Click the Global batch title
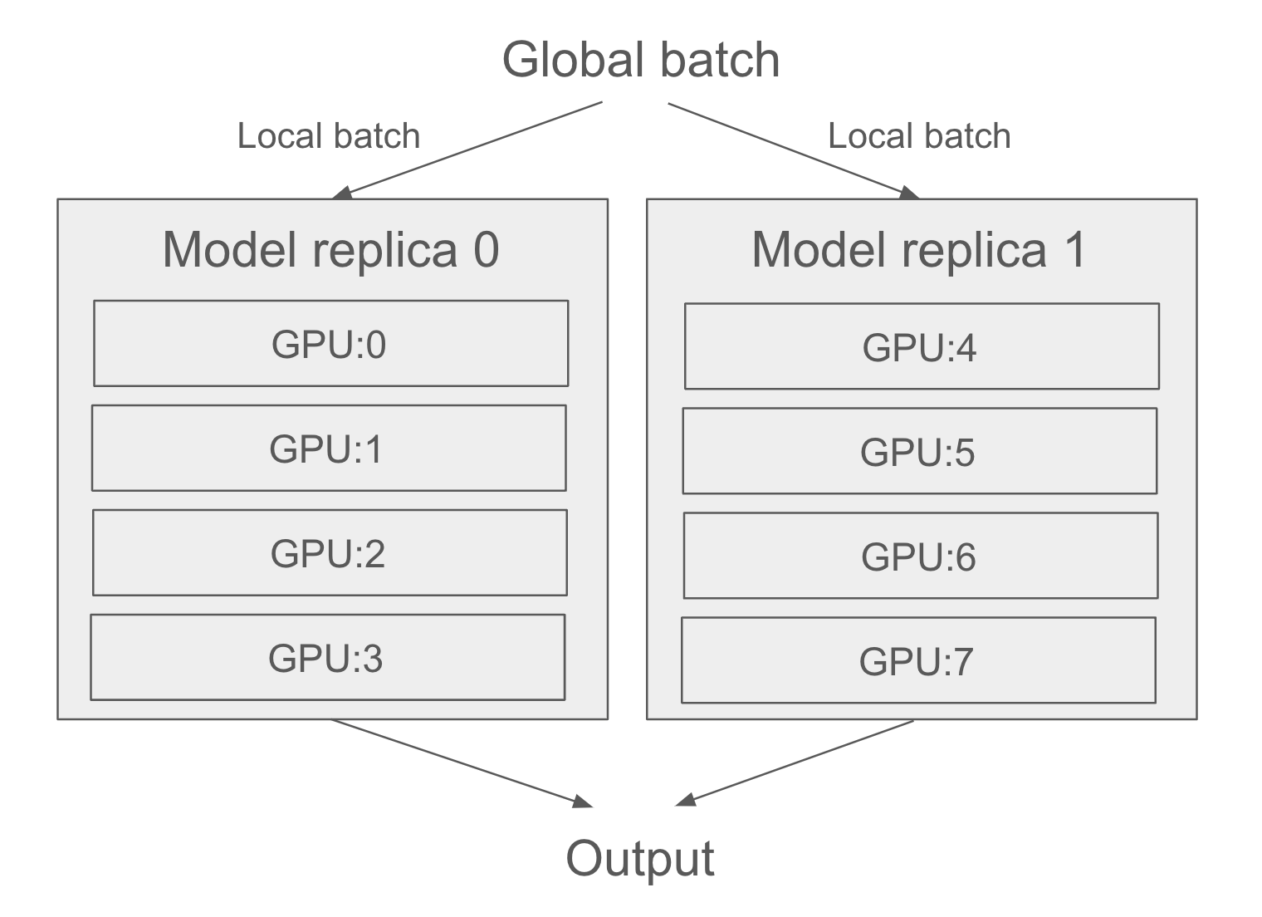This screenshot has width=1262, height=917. point(641,61)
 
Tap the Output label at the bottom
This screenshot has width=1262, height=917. point(639,859)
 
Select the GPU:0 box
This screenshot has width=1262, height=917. point(330,344)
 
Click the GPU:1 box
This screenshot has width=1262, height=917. point(329,449)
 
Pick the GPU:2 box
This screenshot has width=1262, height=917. point(330,553)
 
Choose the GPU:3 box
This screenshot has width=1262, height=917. point(327,658)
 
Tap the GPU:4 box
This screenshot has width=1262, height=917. point(922,347)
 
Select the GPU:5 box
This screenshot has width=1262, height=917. point(919,452)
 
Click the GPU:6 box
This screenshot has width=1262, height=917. point(920,557)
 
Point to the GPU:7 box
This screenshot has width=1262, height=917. point(917,661)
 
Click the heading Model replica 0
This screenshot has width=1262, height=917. point(330,249)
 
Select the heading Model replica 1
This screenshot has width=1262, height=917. point(919,249)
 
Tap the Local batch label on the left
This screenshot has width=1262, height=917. point(329,136)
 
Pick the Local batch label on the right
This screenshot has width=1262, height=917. point(919,136)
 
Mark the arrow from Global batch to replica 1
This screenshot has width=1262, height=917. point(793,150)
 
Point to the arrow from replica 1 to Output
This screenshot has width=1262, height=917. point(795,762)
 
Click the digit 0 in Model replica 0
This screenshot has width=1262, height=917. point(487,249)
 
